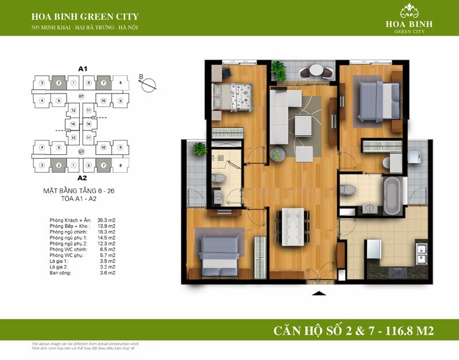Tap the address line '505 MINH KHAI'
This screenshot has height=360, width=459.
85,28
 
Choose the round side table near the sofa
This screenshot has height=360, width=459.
277,153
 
